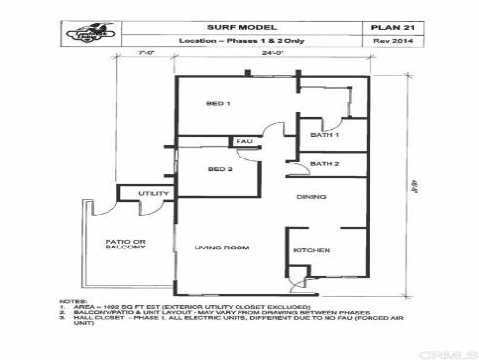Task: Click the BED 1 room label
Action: (x=218, y=103)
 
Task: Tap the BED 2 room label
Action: (x=219, y=169)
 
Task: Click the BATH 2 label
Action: (x=324, y=162)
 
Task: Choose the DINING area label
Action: (x=312, y=197)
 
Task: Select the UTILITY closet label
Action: (x=153, y=194)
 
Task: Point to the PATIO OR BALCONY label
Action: (x=126, y=243)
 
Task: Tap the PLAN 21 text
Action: (x=391, y=27)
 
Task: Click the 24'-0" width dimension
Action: (x=273, y=55)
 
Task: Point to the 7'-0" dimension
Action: (x=148, y=56)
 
